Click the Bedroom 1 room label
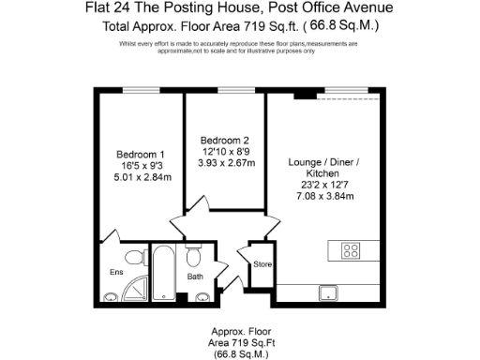point(141,155)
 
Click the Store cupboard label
point(262,265)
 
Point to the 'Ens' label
point(116,273)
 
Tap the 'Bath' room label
point(195,277)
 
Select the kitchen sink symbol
point(330,293)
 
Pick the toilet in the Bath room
point(194,257)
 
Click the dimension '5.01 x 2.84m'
point(141,177)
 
